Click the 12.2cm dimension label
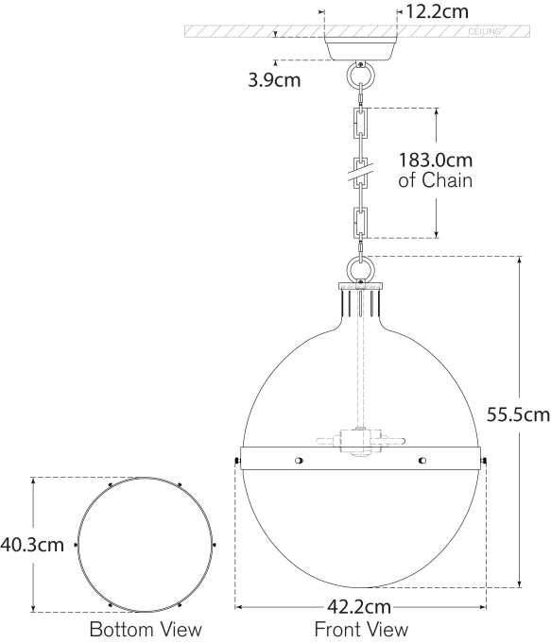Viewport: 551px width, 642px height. coord(436,12)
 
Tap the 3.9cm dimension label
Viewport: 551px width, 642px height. coord(274,80)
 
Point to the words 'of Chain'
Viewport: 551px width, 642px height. coord(436,180)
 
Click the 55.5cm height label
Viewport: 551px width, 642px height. coord(516,414)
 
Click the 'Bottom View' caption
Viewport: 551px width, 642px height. coord(145,629)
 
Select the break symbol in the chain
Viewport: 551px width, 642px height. coord(360,173)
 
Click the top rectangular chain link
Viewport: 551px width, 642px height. coord(360,124)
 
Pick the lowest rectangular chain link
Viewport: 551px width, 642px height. coord(360,222)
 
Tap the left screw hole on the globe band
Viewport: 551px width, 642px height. coord(299,461)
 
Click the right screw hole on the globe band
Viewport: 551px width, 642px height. coord(422,461)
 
